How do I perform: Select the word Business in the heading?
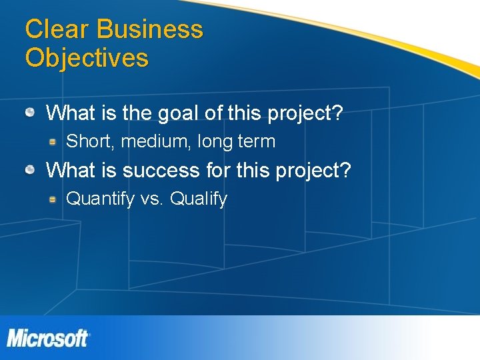click(x=149, y=29)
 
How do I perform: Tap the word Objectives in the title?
click(x=87, y=58)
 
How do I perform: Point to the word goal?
click(x=179, y=113)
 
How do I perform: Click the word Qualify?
click(x=199, y=199)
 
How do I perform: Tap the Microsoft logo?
click(x=48, y=338)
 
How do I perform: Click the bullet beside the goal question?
click(x=31, y=113)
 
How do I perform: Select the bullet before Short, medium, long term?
click(x=51, y=141)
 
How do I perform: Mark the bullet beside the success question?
click(x=31, y=170)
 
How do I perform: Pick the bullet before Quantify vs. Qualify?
click(x=51, y=199)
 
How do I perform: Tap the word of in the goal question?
click(x=213, y=113)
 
